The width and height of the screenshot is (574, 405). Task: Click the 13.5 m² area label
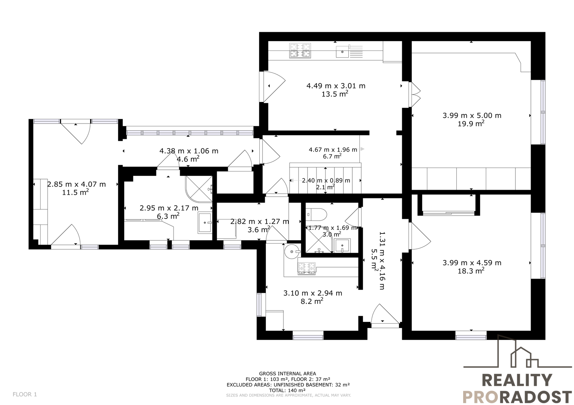point(335,94)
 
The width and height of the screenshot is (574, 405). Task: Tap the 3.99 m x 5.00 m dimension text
point(472,115)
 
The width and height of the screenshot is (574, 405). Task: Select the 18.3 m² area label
point(471,271)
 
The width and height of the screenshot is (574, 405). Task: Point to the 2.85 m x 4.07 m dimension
point(76,184)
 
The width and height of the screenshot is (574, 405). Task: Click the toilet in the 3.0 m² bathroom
point(316,214)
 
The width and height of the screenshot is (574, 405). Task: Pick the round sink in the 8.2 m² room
point(292,252)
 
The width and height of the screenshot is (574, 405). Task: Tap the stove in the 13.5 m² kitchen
point(300,50)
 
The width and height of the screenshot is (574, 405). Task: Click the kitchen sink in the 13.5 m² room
point(342,52)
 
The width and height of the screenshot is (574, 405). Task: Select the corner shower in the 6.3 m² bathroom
point(199,189)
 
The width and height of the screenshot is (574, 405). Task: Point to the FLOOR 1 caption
point(25,394)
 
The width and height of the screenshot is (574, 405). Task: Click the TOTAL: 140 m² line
point(287,390)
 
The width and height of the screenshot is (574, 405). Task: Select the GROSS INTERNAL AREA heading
point(287,373)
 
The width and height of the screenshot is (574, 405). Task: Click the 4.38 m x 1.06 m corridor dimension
point(189,151)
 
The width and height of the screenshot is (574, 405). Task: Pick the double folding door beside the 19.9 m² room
point(414,95)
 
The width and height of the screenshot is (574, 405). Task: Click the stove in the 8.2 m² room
point(306,268)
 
